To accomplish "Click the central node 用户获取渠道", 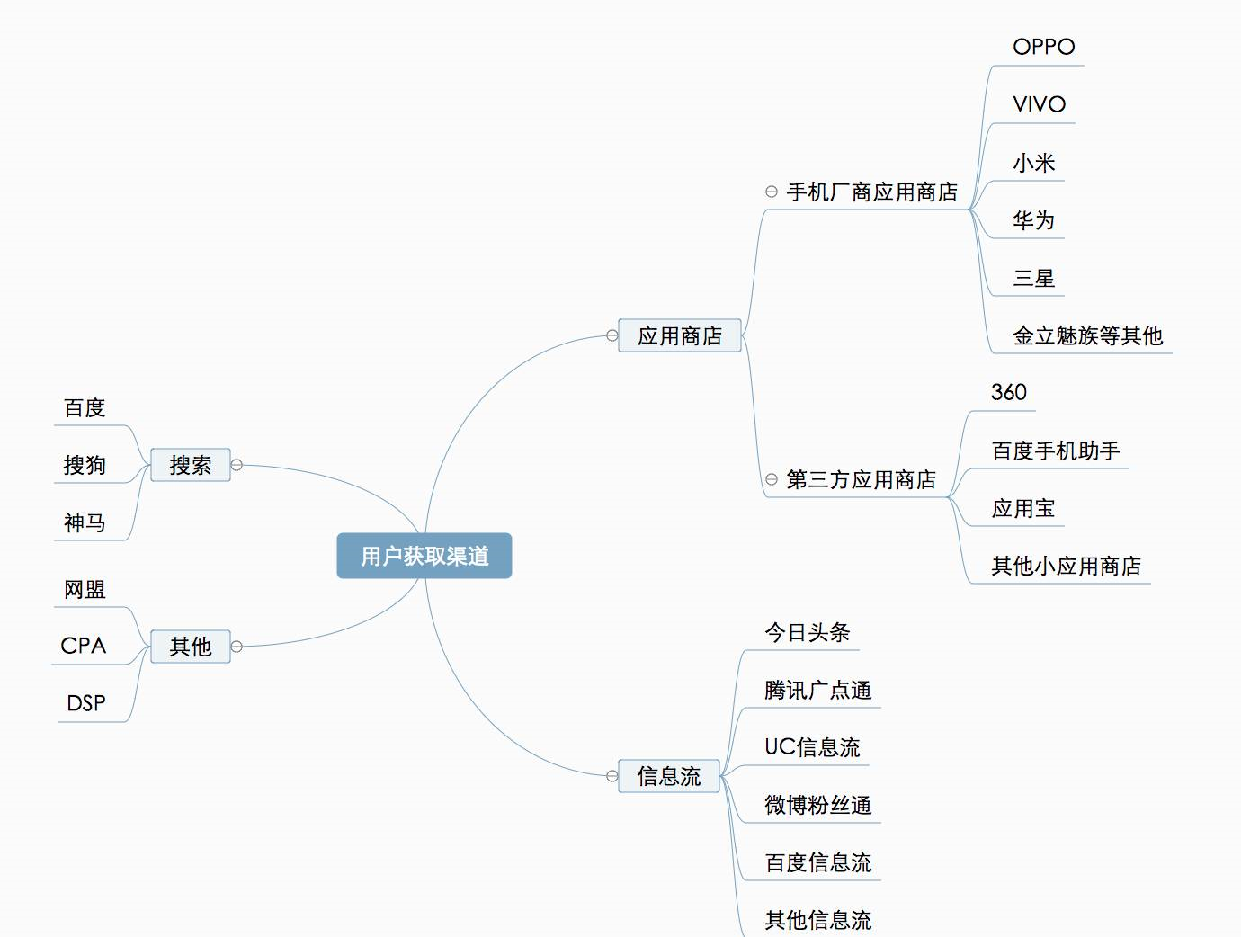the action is (424, 556).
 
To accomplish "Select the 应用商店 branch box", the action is (680, 335).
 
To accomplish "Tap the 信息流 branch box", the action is (669, 776).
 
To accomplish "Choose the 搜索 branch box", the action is (191, 465).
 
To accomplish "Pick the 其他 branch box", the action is (191, 646).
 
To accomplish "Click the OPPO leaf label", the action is (1044, 47).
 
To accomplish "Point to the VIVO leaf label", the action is (1040, 104).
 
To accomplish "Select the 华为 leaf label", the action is (1033, 219).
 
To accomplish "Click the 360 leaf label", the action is (1009, 392).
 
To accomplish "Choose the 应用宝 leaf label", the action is (1023, 508).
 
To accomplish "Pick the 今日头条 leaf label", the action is (808, 632).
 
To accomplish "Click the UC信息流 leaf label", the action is (812, 747).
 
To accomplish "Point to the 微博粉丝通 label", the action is (818, 805).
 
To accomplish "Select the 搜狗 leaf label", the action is (85, 465).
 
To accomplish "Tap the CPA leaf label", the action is (83, 646).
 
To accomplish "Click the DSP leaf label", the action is (86, 703).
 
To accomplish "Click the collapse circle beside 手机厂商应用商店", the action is (772, 192).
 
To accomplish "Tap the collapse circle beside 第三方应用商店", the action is (772, 479).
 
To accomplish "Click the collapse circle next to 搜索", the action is (237, 465).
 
